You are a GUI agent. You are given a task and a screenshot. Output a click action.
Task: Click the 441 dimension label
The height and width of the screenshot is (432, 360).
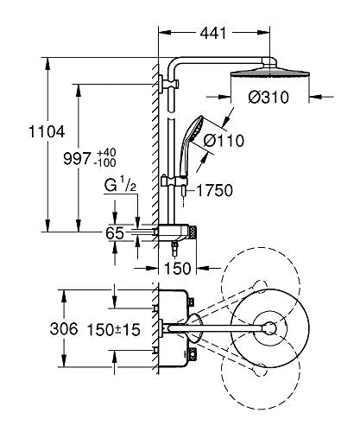pyautogui.click(x=213, y=33)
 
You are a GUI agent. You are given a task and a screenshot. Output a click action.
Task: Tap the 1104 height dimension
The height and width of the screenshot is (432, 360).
pyautogui.click(x=47, y=132)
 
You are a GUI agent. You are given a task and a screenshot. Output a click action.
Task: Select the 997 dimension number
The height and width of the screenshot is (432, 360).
pyautogui.click(x=77, y=159)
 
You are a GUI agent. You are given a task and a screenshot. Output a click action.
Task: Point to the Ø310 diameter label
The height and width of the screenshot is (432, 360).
pyautogui.click(x=268, y=97)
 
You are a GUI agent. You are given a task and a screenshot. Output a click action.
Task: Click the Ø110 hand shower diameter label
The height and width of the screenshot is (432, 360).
pyautogui.click(x=224, y=141)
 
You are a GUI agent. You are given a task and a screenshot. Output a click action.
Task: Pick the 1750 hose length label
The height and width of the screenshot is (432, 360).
pyautogui.click(x=214, y=190)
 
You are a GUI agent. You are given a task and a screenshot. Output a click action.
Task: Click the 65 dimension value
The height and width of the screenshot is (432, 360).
pyautogui.click(x=115, y=233)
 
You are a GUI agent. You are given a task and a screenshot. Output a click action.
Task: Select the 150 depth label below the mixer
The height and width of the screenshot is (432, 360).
pyautogui.click(x=177, y=268)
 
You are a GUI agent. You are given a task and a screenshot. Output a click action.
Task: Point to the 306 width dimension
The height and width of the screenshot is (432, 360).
pyautogui.click(x=64, y=328)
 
